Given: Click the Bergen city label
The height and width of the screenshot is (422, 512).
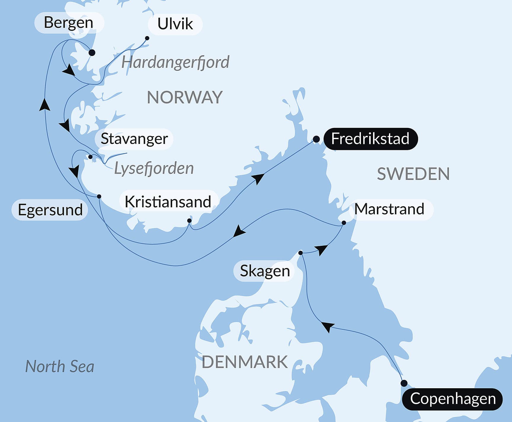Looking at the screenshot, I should [x=69, y=23].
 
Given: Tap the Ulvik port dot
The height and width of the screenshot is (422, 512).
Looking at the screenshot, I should [x=147, y=38].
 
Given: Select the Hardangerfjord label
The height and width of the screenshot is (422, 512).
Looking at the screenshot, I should [x=175, y=62].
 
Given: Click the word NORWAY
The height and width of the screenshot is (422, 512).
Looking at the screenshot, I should [x=185, y=97].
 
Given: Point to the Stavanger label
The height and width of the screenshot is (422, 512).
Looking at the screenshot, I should [x=134, y=139].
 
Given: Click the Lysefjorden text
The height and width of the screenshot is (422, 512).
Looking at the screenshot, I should [x=154, y=168].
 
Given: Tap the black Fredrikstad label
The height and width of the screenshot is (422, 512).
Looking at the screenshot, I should [x=370, y=139].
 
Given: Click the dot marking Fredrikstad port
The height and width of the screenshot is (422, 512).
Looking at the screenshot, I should [x=316, y=139].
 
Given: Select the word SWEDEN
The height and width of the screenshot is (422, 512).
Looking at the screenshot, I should [x=413, y=174].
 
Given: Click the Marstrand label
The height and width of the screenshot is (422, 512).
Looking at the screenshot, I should [x=389, y=209].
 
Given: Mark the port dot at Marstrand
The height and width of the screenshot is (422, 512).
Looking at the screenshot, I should [x=344, y=223].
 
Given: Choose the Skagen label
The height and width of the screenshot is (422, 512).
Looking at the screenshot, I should [x=265, y=271].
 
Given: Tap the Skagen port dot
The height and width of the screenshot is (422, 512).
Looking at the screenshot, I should [x=300, y=253].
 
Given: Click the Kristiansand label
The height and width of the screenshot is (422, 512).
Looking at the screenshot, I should [x=168, y=202].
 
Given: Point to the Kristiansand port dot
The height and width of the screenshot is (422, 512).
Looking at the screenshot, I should [x=189, y=221].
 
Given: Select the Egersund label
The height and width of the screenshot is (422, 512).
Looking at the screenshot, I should [x=50, y=210].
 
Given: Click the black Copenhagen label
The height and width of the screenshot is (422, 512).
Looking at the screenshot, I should [x=452, y=399].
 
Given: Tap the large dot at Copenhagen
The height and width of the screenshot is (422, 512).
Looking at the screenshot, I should [x=404, y=384].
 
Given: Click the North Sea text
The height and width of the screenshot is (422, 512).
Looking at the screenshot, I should [x=60, y=367].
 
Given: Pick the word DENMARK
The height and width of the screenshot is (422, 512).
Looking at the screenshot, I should [x=244, y=362].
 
